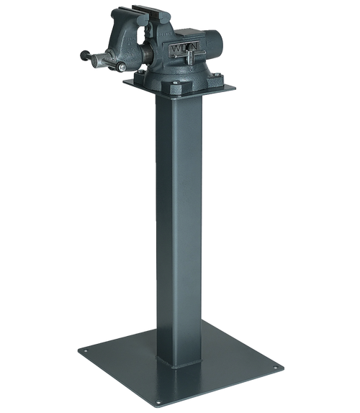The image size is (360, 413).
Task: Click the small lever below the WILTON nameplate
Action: point(193,66)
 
